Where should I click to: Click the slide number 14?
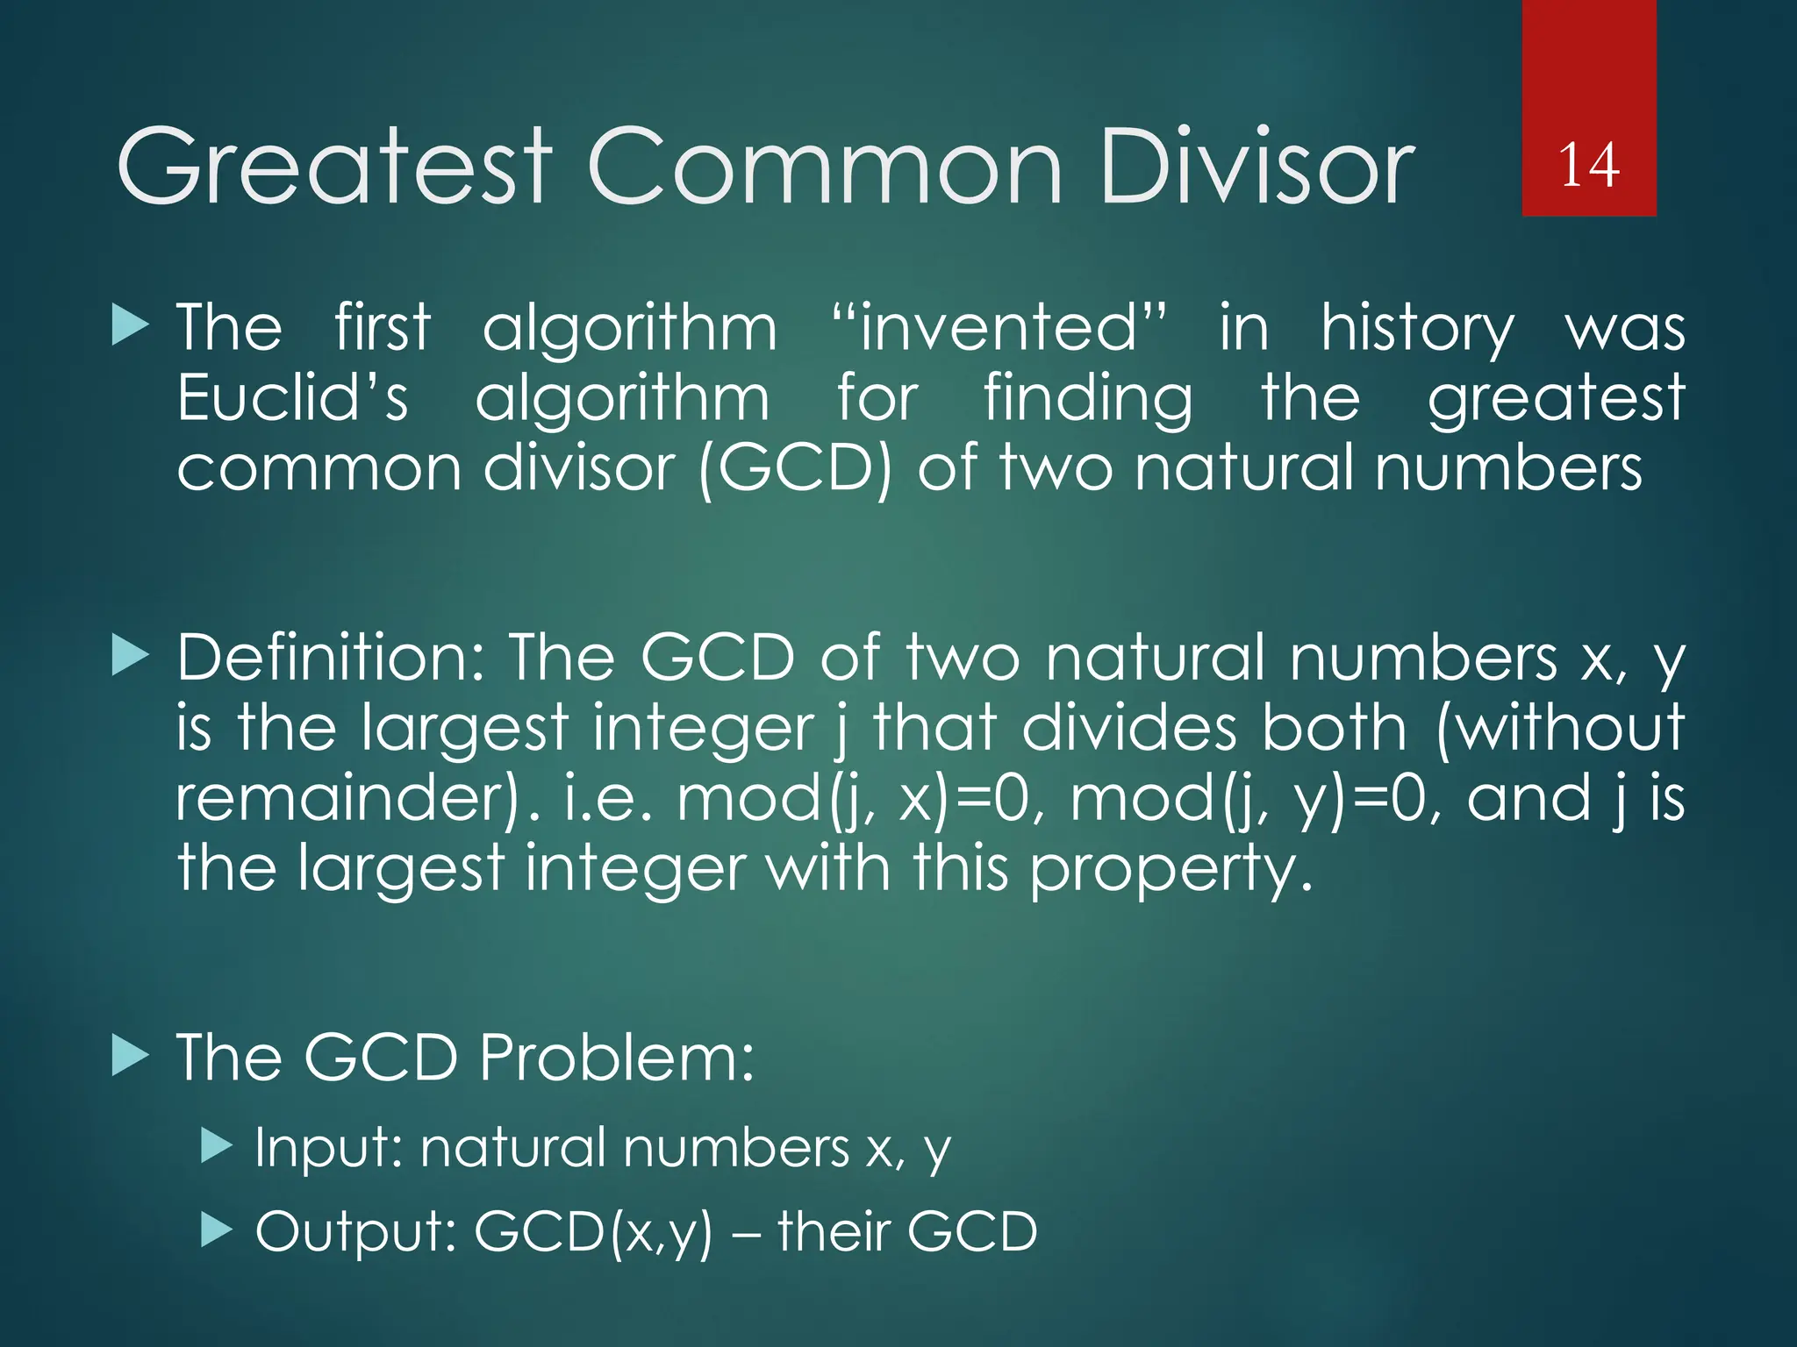click(1588, 165)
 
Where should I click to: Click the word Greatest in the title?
click(333, 167)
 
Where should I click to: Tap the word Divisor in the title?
click(1256, 167)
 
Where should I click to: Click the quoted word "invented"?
click(999, 328)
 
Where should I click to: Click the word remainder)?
click(358, 798)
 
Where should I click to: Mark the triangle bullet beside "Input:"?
click(216, 1145)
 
